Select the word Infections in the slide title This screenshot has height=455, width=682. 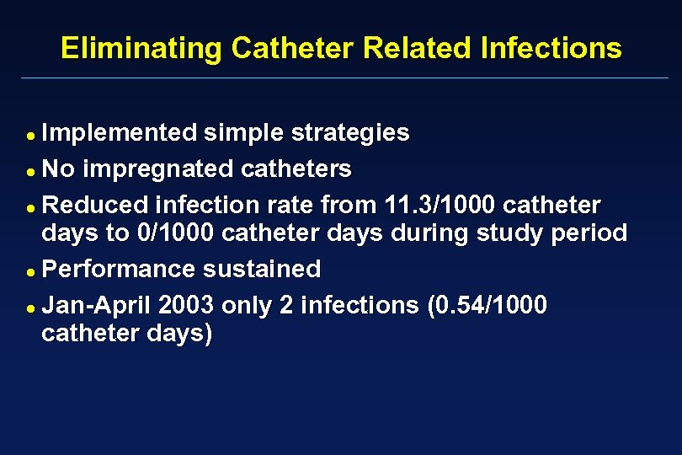coord(551,48)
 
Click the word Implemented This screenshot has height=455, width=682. coord(120,133)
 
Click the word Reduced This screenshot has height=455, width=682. coord(94,205)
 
